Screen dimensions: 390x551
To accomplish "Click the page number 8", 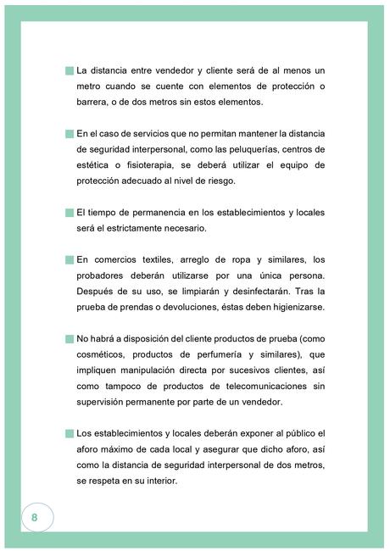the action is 35,516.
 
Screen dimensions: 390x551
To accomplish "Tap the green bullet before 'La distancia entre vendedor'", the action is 69,71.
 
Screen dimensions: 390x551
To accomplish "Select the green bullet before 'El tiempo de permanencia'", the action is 69,212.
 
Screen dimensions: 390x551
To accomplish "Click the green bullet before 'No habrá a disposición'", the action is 69,338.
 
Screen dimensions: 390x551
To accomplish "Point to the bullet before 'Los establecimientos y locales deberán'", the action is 69,433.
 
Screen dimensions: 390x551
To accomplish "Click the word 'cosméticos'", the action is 103,354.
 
